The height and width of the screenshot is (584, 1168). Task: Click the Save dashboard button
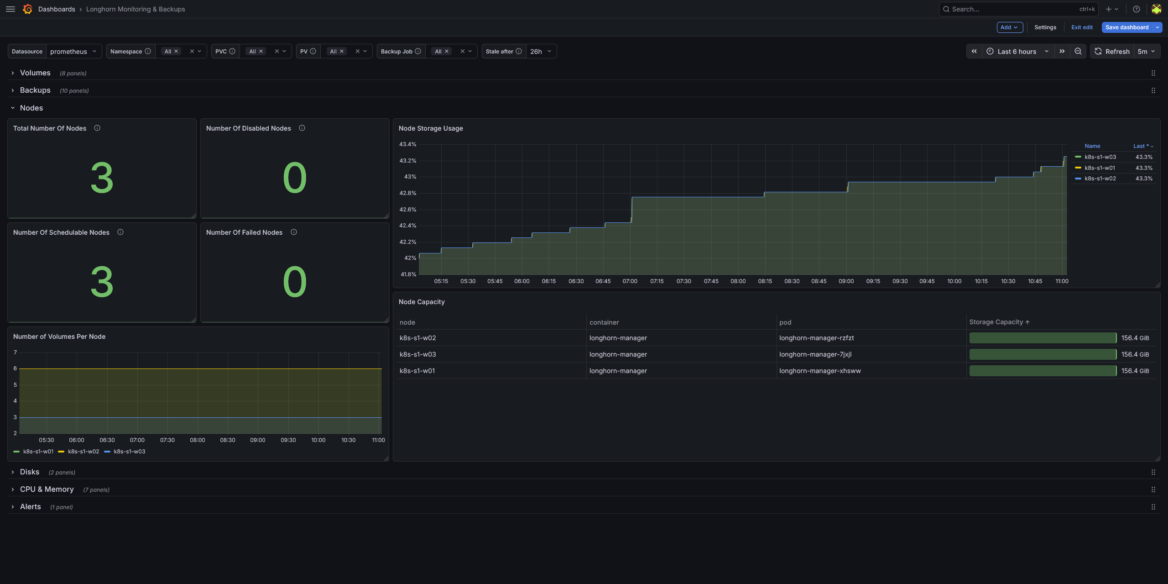1126,27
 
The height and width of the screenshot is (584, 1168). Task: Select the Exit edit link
1082,27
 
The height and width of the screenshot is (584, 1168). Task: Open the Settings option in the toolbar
1045,27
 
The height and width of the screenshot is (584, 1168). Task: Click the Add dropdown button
1010,27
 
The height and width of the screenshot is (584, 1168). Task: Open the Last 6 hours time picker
1017,52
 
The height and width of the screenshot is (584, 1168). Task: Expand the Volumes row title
35,73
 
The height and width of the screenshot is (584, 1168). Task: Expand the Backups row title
35,90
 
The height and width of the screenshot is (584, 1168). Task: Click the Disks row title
30,472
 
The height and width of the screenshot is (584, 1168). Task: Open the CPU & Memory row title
47,489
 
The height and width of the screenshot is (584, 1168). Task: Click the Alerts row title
30,507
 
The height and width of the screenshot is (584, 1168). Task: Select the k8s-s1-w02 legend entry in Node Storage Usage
1100,179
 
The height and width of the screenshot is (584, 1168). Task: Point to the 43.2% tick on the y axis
408,161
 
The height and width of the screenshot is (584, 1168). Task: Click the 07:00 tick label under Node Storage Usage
630,281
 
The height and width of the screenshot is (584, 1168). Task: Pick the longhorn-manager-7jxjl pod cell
815,354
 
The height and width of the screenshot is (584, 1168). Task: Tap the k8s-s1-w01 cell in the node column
417,371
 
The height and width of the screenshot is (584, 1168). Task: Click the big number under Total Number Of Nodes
102,178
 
